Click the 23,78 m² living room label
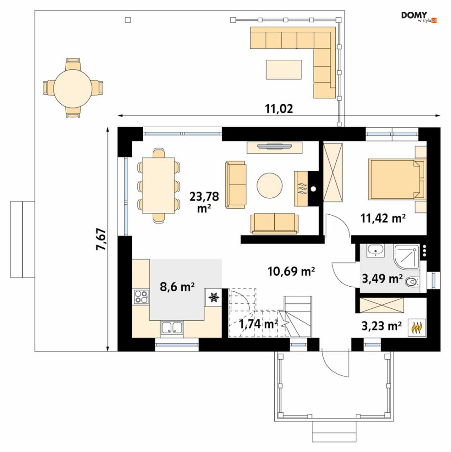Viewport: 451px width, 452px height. (x=204, y=202)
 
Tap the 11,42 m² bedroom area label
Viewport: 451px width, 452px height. (x=383, y=218)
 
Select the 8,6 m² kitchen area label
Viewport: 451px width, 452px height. (x=177, y=287)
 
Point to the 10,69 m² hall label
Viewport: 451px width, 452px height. (x=291, y=271)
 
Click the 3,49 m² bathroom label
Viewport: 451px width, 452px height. (x=382, y=279)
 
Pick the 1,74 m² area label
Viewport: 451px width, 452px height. (x=258, y=324)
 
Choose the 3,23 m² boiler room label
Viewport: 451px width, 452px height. (x=382, y=326)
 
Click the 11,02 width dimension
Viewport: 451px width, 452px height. (x=279, y=109)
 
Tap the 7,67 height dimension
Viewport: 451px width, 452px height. (x=102, y=239)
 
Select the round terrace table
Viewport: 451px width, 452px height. (x=73, y=88)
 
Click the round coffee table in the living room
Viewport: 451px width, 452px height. (x=270, y=186)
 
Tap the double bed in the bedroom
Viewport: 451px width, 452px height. (x=397, y=179)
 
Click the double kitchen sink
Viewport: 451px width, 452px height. (x=172, y=329)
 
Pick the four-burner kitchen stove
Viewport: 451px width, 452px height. (x=141, y=297)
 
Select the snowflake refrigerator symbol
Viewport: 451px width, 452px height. (x=214, y=297)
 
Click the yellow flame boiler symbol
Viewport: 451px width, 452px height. (x=416, y=327)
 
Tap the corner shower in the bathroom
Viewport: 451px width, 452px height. (x=406, y=256)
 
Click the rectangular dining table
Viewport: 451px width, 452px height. (x=158, y=185)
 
